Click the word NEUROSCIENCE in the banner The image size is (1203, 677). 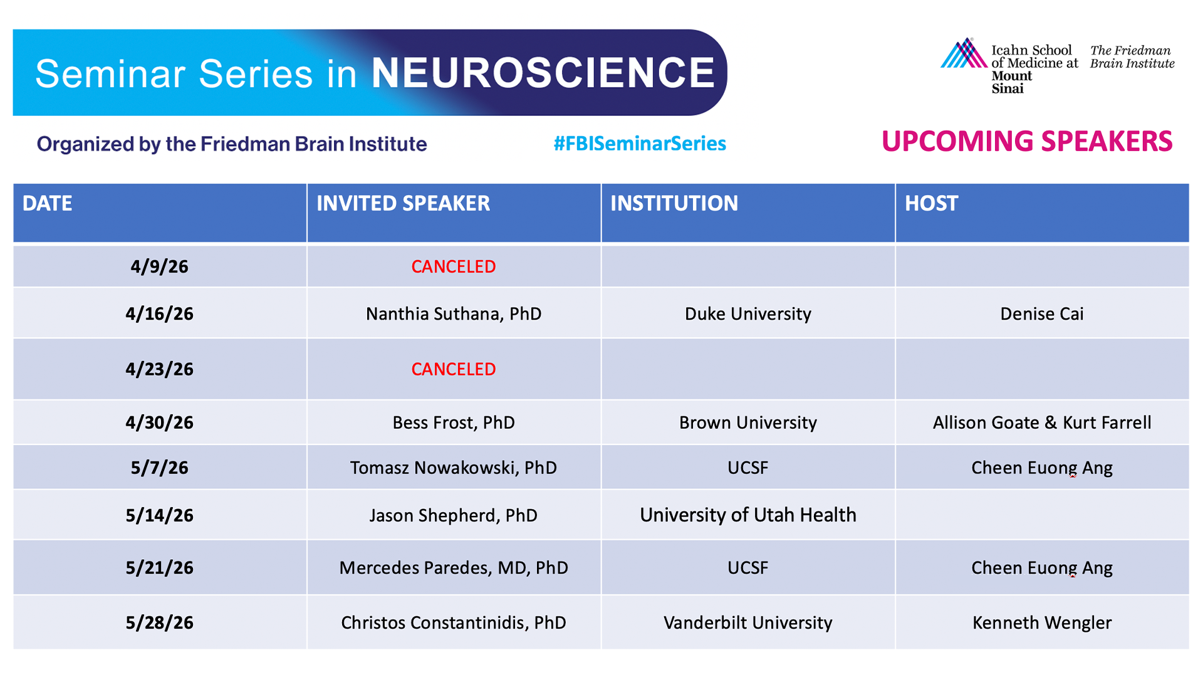pos(543,72)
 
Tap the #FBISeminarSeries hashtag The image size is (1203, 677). pos(640,144)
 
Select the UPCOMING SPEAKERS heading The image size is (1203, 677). pos(1027,141)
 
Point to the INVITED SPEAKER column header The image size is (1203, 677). pos(403,203)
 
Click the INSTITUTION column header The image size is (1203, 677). pos(674,203)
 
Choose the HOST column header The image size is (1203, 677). pos(931,203)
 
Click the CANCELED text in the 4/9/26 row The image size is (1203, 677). pos(454,266)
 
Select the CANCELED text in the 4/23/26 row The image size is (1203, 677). pos(454,369)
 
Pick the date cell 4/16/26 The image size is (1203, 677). pos(159,313)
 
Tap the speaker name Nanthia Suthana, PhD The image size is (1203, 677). pos(454,313)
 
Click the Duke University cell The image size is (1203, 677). pos(748,313)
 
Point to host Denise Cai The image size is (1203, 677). pos(1042,313)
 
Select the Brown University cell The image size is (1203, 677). pos(748,422)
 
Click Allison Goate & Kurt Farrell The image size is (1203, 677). pos(1042,422)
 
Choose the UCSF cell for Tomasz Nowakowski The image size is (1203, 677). pos(748,468)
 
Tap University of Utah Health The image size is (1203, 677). pos(748,515)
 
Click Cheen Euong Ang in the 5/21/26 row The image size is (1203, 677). pos(1042,568)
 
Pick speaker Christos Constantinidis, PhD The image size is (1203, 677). pos(454,622)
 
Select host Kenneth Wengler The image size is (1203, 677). pos(1042,622)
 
